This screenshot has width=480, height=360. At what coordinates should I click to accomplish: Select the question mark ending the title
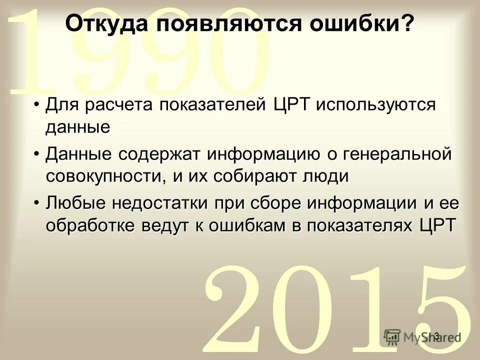point(409,23)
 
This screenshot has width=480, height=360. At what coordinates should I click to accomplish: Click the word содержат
point(155,154)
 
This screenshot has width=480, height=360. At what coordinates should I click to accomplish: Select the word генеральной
point(396,154)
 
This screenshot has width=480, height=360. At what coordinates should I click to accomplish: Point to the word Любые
point(75,203)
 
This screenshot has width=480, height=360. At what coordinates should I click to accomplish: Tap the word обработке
point(93,225)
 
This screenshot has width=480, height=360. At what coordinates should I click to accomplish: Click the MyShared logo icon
point(393,336)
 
